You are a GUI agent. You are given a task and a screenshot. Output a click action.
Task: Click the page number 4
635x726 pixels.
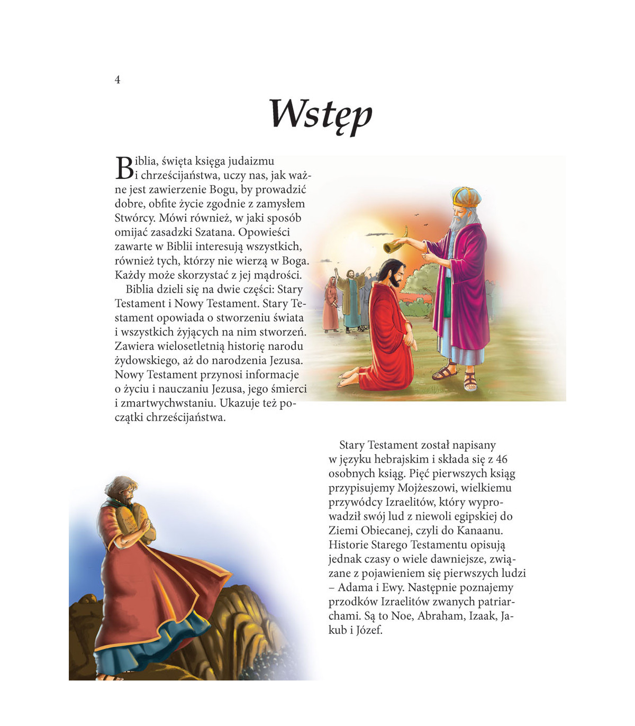click(x=117, y=80)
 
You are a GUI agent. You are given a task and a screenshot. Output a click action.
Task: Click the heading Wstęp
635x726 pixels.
click(x=321, y=115)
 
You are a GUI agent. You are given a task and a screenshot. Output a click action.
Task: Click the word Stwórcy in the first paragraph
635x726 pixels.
click(x=134, y=217)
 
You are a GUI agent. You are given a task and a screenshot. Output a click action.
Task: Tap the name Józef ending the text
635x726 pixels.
click(x=369, y=630)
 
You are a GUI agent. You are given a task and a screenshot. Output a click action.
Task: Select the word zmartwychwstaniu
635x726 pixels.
click(x=169, y=403)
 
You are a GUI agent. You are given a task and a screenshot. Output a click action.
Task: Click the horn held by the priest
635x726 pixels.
click(x=392, y=244)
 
